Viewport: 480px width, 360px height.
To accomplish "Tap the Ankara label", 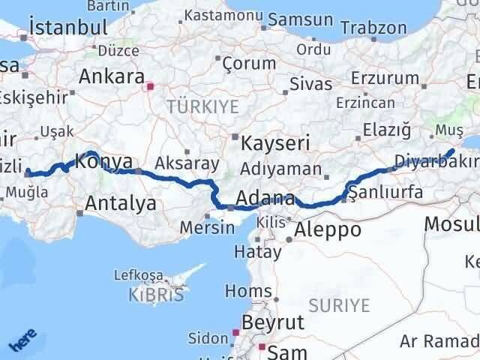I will tap(112, 76).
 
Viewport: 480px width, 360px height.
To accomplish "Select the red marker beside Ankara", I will tap(150, 86).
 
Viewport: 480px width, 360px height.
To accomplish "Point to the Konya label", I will tap(106, 161).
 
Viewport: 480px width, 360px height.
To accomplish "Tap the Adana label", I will tap(265, 199).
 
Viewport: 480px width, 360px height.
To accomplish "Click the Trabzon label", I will tap(372, 28).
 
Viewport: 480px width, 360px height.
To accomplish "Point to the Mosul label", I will tap(451, 223).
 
